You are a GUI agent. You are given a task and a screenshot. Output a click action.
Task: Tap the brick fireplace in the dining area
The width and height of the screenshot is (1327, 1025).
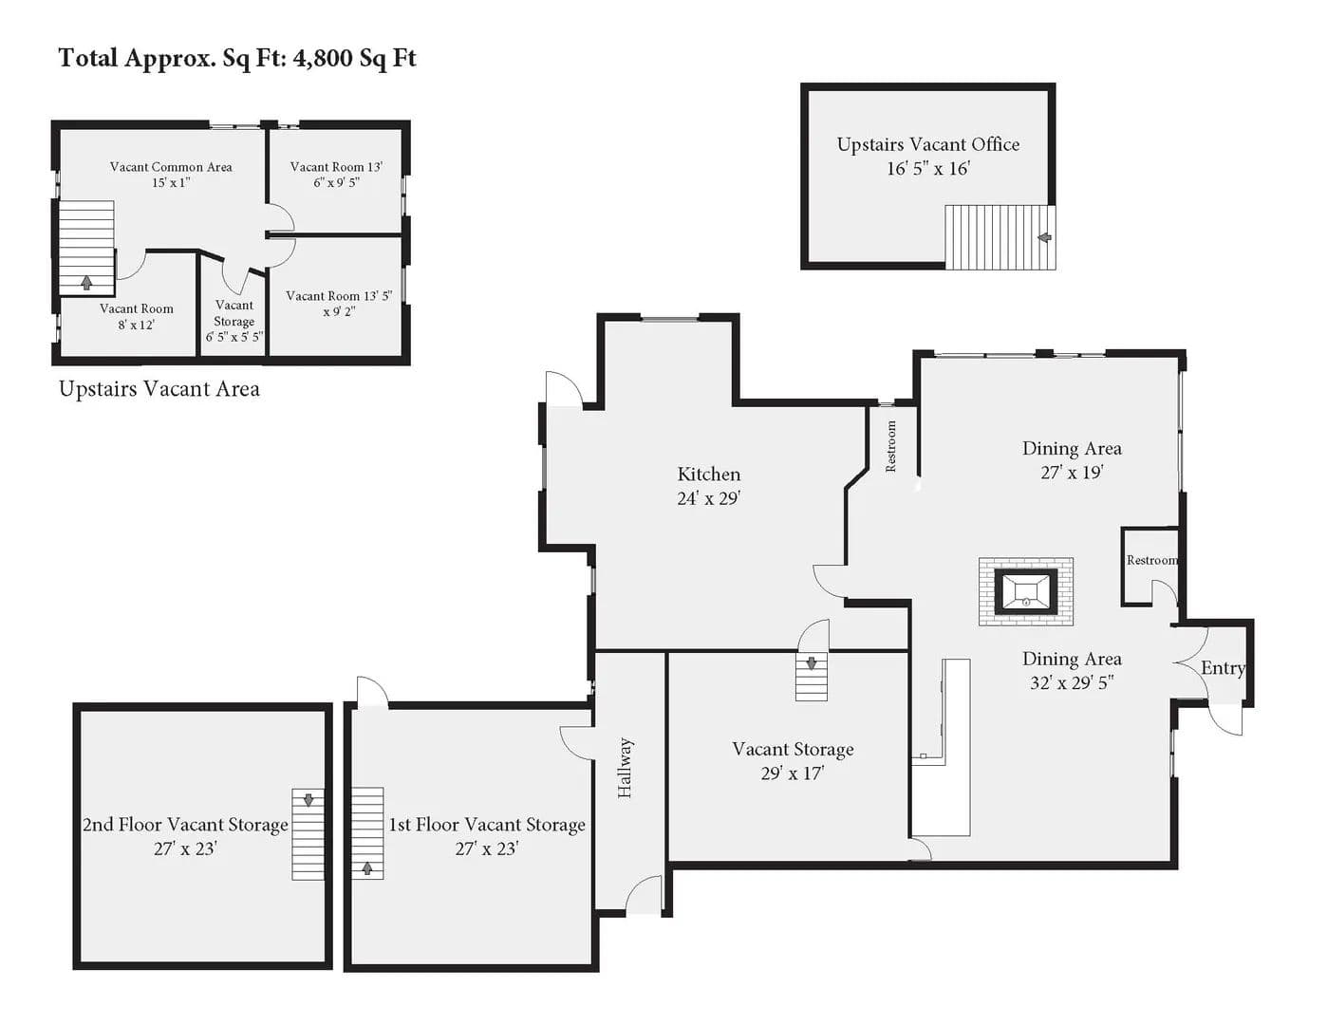pos(1025,591)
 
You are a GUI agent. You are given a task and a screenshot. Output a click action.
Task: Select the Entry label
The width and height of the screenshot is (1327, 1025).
pos(1223,668)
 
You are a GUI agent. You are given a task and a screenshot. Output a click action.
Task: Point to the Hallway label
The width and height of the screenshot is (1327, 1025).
pos(625,768)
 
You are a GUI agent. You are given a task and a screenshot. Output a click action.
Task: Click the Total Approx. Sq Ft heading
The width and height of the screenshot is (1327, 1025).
pos(237,58)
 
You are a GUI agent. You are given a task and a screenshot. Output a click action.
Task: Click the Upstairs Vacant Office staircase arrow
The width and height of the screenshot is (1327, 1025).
pos(1044,237)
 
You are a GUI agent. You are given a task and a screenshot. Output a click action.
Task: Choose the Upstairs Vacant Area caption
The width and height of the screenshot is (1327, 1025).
pos(159,389)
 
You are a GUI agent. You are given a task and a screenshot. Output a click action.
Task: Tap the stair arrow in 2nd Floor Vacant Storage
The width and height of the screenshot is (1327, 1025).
pos(308,799)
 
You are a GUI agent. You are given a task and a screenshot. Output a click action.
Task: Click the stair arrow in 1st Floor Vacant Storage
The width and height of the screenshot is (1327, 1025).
pos(367,867)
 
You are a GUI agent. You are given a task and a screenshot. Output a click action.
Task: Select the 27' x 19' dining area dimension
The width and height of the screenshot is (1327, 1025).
pos(1072,473)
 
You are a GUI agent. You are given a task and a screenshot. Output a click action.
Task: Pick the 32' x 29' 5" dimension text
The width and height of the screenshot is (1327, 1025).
pos(1072,682)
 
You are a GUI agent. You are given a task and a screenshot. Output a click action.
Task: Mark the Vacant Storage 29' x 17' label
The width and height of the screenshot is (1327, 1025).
pos(793,761)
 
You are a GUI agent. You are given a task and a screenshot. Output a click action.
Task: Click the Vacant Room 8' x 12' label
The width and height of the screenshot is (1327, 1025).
pos(136,317)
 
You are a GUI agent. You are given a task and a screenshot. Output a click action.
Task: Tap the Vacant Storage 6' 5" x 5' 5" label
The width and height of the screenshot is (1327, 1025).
pos(234,321)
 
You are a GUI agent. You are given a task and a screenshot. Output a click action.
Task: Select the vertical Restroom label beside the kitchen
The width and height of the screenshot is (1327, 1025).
pos(890,446)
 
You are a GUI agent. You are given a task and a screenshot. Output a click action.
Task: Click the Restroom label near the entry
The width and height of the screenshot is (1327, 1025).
pos(1151,560)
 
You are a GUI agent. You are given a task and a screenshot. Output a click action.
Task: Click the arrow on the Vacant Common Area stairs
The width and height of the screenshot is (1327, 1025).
pos(86,283)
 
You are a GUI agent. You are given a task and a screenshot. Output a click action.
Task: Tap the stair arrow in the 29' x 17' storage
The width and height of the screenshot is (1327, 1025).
pos(812,663)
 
